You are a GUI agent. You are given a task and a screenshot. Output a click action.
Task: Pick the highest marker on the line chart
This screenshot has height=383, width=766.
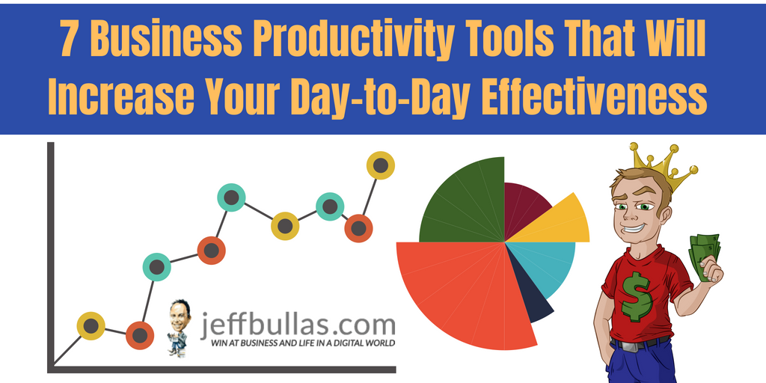[380, 166]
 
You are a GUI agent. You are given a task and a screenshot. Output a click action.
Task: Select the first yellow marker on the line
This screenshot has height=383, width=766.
[91, 326]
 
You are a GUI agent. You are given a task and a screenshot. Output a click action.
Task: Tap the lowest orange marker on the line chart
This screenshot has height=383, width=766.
[139, 335]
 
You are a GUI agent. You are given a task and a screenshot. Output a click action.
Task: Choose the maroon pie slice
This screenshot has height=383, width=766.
[525, 206]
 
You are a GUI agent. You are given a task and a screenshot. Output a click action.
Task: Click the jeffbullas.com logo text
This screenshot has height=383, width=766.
[298, 323]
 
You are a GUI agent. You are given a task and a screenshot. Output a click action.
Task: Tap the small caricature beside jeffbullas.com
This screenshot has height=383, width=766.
[178, 325]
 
